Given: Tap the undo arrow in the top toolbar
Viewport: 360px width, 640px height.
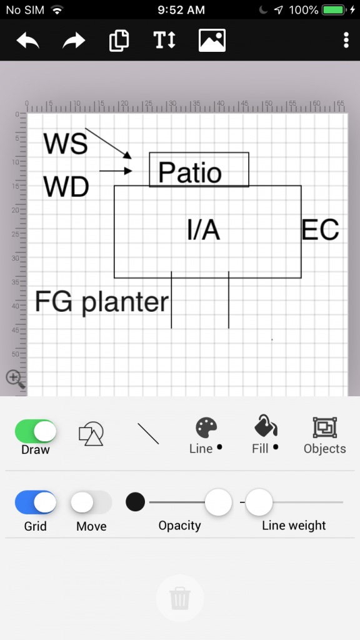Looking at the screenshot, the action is (27, 41).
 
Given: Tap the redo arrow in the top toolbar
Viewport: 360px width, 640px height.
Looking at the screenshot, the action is (74, 41).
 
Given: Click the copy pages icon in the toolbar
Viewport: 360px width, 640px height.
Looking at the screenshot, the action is (119, 41).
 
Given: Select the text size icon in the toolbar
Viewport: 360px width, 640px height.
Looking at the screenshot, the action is (164, 40).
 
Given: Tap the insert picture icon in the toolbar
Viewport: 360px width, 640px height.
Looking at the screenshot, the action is (212, 40).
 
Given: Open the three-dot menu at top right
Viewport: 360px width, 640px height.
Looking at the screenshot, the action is (346, 40).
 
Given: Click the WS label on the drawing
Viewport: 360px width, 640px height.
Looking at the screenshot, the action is (65, 144).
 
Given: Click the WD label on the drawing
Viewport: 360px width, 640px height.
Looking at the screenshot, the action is (66, 187).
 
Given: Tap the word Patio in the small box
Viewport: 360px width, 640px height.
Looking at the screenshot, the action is (190, 172).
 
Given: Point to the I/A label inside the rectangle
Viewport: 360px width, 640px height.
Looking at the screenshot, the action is (203, 230).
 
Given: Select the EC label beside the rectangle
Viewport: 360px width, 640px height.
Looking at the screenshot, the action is (321, 230).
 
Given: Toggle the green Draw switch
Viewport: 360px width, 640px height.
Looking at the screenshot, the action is (36, 431).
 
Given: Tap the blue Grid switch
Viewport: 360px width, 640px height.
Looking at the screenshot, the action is (36, 502).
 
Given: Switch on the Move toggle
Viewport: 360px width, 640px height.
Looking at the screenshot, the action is (91, 502).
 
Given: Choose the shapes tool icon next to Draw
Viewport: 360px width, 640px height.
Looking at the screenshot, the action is (91, 434).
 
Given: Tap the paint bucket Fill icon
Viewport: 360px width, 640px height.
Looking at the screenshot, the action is (265, 426).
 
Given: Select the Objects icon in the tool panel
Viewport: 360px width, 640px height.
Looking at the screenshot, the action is (325, 427).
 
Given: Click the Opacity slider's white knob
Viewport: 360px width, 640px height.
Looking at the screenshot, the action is (218, 502).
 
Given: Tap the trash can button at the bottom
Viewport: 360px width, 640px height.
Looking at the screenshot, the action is (179, 598).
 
